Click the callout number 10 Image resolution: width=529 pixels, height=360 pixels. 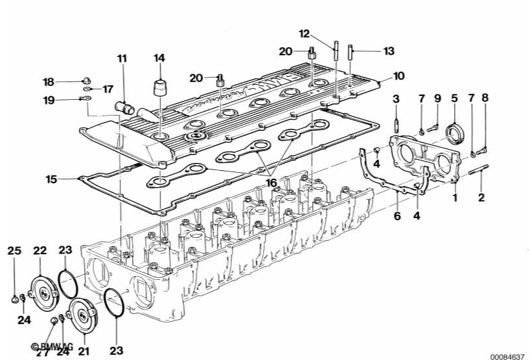pos(399,76)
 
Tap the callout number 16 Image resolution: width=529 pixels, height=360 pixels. pos(271,183)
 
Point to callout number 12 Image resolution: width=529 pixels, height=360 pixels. pos(304,34)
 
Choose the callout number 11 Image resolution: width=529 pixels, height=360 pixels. pos(122,59)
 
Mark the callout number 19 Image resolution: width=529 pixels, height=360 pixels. pos(49,100)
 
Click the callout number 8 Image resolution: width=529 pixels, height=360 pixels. pos(486,99)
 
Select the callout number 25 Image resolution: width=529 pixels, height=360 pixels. pos(14,250)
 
